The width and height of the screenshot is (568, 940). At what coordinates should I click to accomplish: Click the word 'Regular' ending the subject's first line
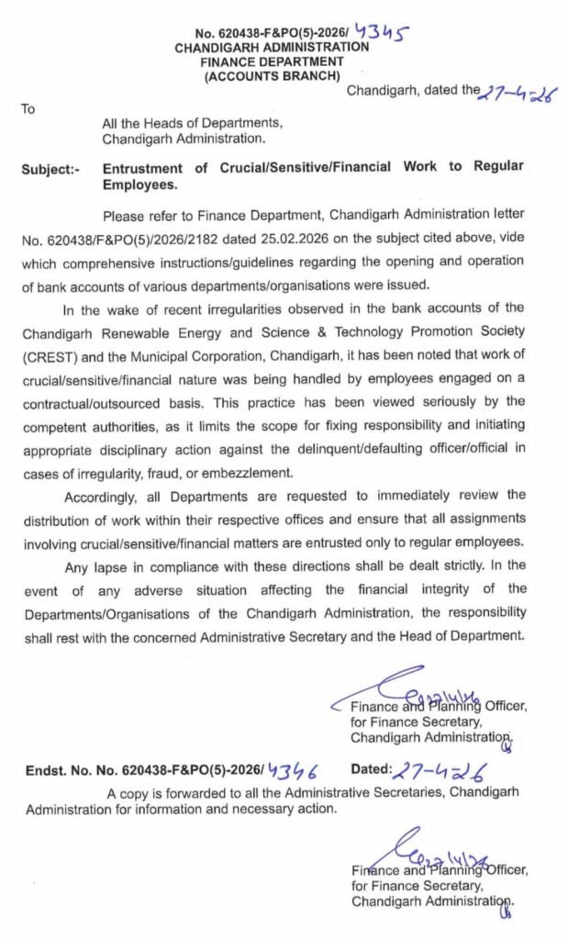(x=498, y=167)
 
